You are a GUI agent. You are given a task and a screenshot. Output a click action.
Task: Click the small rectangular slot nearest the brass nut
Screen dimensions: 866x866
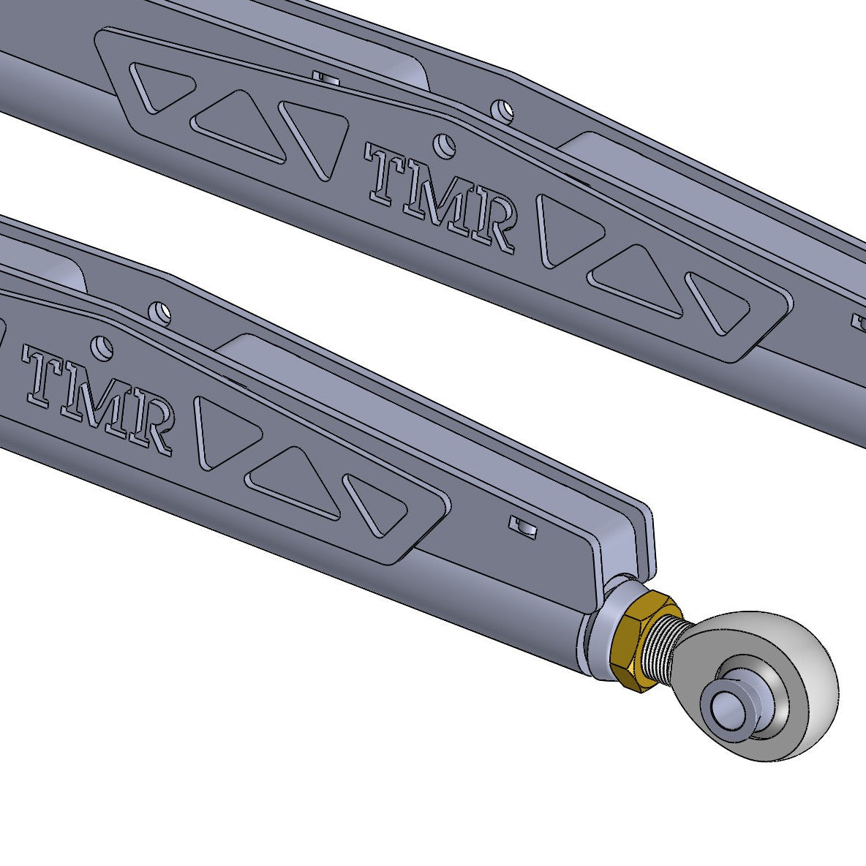pyautogui.click(x=523, y=525)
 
